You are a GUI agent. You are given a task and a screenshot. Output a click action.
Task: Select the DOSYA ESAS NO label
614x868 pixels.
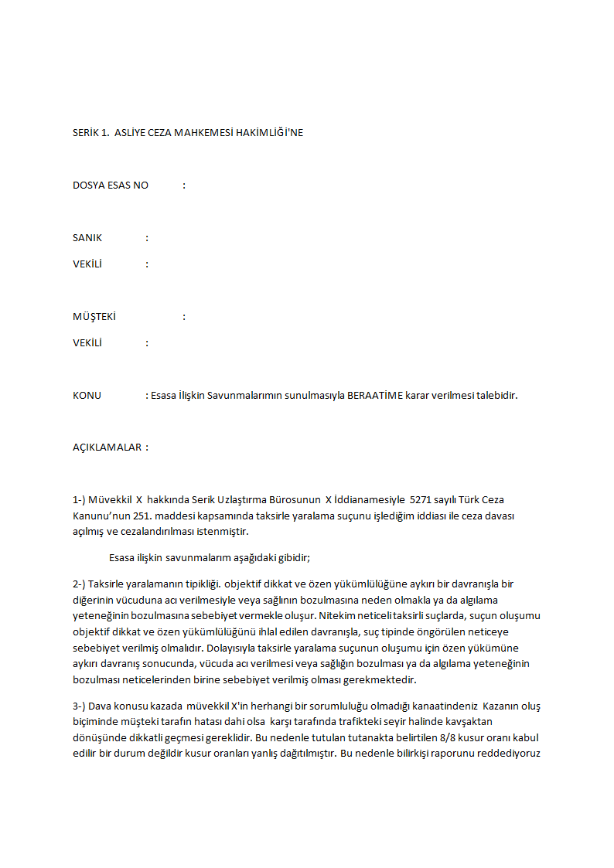pos(111,186)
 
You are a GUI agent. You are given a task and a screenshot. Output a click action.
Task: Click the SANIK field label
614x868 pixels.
pos(87,238)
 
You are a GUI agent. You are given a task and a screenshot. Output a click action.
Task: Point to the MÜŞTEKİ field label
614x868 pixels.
pos(94,317)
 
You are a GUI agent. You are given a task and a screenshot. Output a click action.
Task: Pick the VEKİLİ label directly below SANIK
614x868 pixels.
pos(87,264)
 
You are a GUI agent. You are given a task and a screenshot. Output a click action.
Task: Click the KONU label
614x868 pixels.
pos(87,396)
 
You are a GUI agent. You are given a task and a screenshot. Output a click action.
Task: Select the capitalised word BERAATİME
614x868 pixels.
pos(375,396)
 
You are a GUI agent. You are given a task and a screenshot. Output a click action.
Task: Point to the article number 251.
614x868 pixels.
pos(155,516)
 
